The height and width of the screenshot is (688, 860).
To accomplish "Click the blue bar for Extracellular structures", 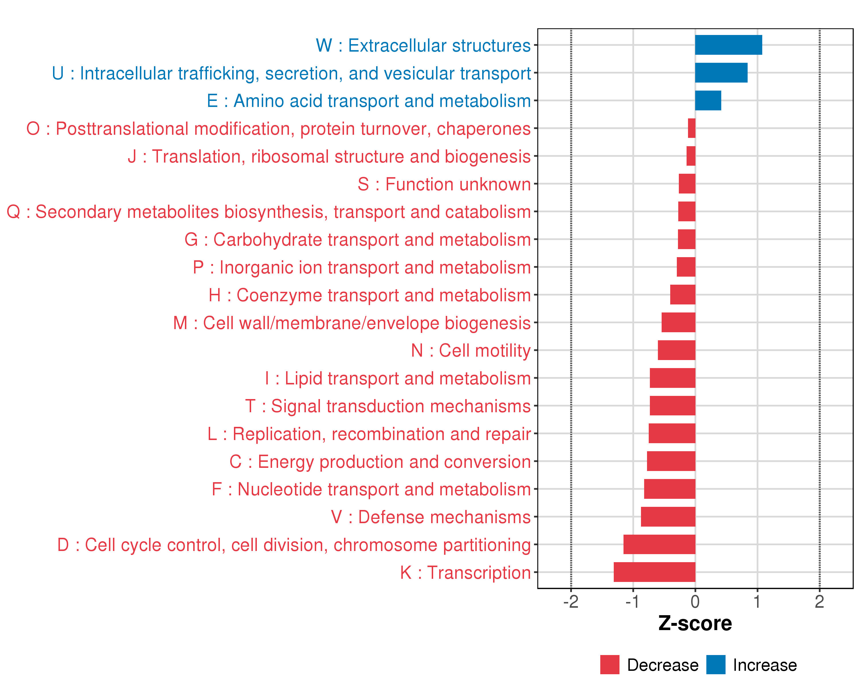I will click(728, 45).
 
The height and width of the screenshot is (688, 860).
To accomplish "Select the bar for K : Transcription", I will click(654, 572).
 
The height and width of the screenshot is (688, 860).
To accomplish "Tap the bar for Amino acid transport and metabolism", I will click(708, 101).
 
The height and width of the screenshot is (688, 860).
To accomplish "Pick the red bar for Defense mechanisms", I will click(668, 517).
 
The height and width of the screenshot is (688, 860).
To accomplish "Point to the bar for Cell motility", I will click(677, 350).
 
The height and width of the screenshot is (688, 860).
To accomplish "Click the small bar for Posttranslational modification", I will click(692, 128).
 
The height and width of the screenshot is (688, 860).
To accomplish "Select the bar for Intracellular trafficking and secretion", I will click(721, 73).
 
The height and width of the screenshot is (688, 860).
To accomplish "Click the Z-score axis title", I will click(695, 624).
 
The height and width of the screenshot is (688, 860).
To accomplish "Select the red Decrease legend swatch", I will click(609, 664).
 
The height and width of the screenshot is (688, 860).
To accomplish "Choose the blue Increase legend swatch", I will click(716, 664).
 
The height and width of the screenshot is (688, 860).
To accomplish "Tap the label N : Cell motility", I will click(471, 351).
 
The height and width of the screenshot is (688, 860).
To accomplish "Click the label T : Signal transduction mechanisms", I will click(388, 406).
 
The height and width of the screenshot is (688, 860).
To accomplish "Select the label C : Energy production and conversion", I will click(380, 462).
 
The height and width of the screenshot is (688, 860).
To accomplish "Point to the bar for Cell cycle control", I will click(659, 544).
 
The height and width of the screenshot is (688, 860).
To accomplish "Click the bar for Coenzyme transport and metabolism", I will click(683, 295).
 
